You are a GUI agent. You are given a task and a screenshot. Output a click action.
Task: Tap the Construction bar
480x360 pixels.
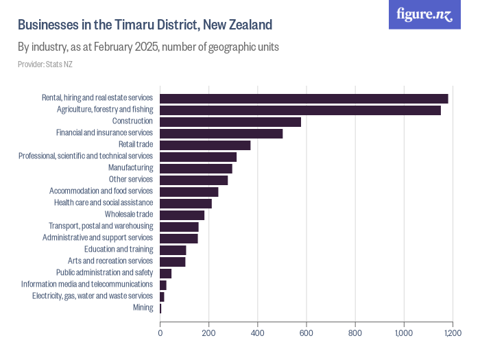[230, 121]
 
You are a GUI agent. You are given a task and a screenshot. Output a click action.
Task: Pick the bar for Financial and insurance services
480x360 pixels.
[221, 133]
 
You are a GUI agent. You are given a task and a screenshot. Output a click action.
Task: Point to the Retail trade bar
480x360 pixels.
[205, 145]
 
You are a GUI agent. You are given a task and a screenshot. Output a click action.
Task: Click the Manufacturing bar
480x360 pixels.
[196, 168]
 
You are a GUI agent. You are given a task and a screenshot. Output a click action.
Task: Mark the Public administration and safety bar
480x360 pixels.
[165, 273]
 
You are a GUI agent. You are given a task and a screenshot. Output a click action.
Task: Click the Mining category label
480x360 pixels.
[143, 308]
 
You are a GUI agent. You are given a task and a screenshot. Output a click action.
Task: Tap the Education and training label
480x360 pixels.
[118, 250]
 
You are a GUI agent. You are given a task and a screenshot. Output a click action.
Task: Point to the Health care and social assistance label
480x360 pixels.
[103, 203]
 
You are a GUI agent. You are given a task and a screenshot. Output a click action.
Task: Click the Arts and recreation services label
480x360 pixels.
[110, 261]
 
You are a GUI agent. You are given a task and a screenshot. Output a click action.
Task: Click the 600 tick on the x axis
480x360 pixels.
[307, 333]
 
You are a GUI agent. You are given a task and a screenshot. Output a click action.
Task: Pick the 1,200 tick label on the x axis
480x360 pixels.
[452, 333]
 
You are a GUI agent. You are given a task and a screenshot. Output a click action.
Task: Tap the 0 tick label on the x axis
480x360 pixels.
[160, 333]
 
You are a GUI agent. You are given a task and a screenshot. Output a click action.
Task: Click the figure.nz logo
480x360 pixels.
[424, 14]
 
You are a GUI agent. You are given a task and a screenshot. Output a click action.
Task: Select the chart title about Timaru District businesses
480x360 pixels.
[145, 25]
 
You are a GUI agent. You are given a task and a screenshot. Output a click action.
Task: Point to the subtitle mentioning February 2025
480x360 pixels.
[147, 47]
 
